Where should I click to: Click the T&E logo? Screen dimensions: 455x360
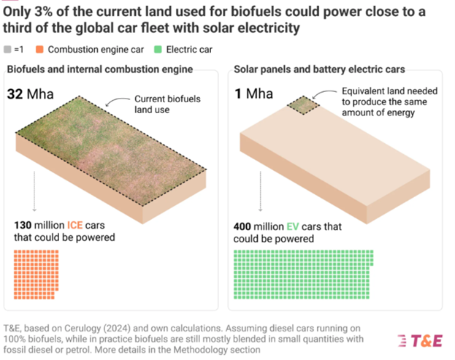(x=420, y=341)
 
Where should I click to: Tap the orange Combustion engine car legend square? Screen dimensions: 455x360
(x=39, y=50)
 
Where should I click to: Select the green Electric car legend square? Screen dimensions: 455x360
(x=158, y=50)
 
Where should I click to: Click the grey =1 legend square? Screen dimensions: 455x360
(x=7, y=50)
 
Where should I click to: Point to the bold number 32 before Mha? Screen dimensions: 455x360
(x=15, y=94)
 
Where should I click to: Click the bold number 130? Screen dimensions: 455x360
(x=23, y=225)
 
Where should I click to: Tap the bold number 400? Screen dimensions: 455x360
(x=242, y=226)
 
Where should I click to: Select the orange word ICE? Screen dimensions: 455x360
(x=75, y=225)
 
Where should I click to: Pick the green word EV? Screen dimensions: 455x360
(x=293, y=226)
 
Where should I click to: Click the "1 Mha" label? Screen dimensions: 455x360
(x=254, y=93)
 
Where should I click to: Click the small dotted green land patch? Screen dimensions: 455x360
(x=304, y=105)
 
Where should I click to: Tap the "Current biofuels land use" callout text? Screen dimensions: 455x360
(x=167, y=104)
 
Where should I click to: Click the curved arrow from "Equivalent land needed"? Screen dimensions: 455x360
(x=323, y=93)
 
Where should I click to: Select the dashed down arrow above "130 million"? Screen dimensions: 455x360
(x=34, y=191)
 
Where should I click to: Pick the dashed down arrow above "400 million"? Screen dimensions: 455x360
(x=260, y=191)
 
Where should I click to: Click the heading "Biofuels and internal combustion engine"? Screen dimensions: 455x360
(x=100, y=69)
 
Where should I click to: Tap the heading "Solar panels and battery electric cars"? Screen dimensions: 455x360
(x=319, y=69)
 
